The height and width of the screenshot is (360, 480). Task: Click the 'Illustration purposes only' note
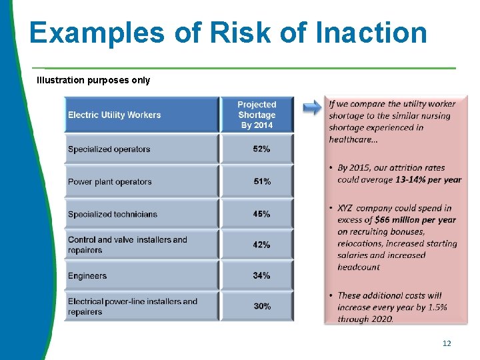pyautogui.click(x=93, y=80)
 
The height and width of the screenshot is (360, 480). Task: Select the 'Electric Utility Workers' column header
pyautogui.click(x=114, y=115)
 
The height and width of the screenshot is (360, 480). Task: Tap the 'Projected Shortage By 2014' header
pyautogui.click(x=257, y=115)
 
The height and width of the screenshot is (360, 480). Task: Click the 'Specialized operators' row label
pyautogui.click(x=109, y=149)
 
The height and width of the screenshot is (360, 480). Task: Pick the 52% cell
pyautogui.click(x=261, y=149)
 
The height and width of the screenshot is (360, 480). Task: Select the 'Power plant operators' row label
pyautogui.click(x=109, y=182)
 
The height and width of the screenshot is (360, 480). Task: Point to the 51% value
pyautogui.click(x=261, y=182)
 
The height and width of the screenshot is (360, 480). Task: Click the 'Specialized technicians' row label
pyautogui.click(x=112, y=214)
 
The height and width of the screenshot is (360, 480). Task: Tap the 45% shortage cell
pyautogui.click(x=261, y=214)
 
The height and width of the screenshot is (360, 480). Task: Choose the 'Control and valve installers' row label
pyautogui.click(x=127, y=245)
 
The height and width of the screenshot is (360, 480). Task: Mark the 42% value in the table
pyautogui.click(x=261, y=245)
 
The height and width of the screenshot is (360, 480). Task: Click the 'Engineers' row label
pyautogui.click(x=87, y=276)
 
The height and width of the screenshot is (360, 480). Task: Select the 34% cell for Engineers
pyautogui.click(x=261, y=275)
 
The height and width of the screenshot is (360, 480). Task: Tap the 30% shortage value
pyautogui.click(x=261, y=306)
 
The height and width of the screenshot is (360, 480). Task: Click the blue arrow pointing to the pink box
pyautogui.click(x=311, y=108)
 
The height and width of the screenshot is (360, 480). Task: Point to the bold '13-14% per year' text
pyautogui.click(x=428, y=179)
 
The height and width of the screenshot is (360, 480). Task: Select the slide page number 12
pyautogui.click(x=447, y=343)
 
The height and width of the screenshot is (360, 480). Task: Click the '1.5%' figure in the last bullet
pyautogui.click(x=436, y=307)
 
